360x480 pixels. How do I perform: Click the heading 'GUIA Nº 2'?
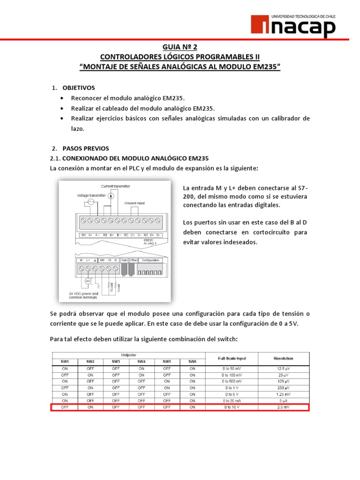[180, 47]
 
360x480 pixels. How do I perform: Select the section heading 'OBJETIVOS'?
[78, 88]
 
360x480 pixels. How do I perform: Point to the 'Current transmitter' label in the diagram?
[116, 186]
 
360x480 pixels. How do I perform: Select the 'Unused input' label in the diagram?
[135, 203]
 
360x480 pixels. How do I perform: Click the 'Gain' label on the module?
[124, 260]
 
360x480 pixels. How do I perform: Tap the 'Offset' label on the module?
[133, 260]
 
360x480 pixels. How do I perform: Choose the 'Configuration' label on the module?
[150, 260]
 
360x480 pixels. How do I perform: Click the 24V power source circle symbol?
[88, 281]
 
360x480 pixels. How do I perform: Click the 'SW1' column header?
[65, 361]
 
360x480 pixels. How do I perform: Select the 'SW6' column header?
[192, 361]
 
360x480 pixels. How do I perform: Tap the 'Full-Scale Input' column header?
[232, 358]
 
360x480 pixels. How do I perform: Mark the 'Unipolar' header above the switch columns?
[128, 355]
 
